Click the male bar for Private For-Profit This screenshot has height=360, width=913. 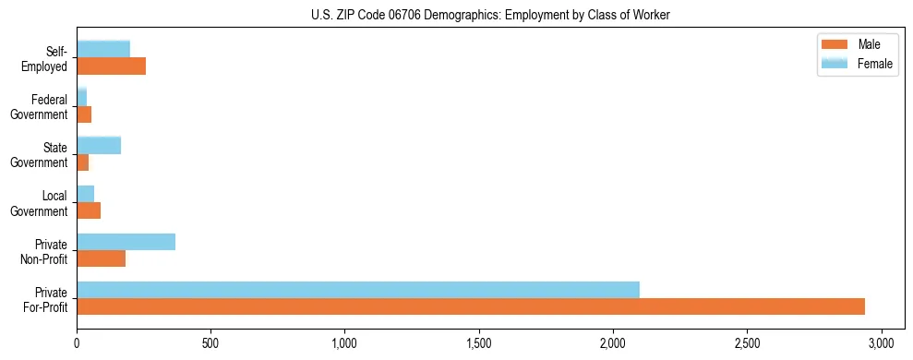(x=471, y=306)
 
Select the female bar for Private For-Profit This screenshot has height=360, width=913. (x=358, y=290)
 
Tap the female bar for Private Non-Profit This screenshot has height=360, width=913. (x=126, y=242)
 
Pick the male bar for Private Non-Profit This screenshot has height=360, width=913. (x=101, y=258)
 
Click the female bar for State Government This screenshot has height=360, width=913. (x=99, y=145)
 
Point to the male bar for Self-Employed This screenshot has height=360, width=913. (x=111, y=66)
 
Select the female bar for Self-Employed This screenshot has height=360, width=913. (x=103, y=49)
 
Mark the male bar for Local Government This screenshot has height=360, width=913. (x=89, y=210)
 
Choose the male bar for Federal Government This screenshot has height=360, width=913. (x=84, y=114)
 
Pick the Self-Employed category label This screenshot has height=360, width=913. (x=45, y=58)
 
